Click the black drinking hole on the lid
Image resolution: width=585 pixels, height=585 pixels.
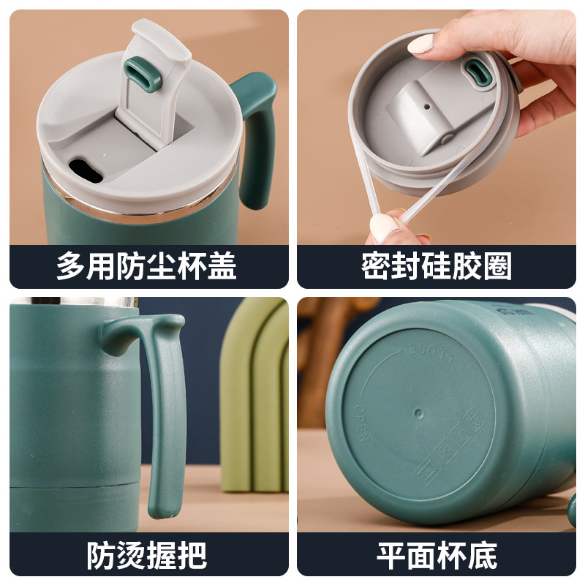point(86,170)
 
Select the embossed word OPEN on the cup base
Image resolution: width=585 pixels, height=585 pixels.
point(362,423)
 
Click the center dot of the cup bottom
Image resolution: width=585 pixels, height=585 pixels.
point(418,414)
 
